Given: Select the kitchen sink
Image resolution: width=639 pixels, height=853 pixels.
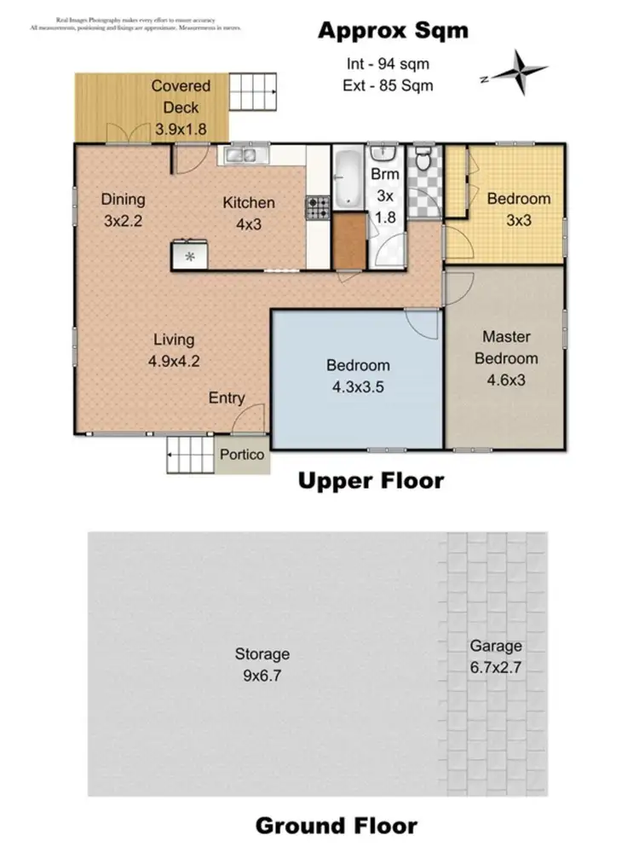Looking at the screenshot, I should click(245, 156).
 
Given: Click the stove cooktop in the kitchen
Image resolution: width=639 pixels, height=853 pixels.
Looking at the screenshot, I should click(317, 206).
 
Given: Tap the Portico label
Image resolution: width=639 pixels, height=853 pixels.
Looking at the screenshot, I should click(242, 456).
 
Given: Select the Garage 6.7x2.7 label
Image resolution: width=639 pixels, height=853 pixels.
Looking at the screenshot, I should click(494, 656).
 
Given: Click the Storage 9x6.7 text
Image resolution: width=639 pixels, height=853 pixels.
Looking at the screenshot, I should click(262, 664).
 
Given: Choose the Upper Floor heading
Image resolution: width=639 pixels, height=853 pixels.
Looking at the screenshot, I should click(371, 481).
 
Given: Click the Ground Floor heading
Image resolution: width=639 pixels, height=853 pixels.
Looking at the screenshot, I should click(337, 826).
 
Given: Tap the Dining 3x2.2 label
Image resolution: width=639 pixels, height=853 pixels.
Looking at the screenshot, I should click(123, 209).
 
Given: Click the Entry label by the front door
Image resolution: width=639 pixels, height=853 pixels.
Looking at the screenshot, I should click(227, 397).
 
